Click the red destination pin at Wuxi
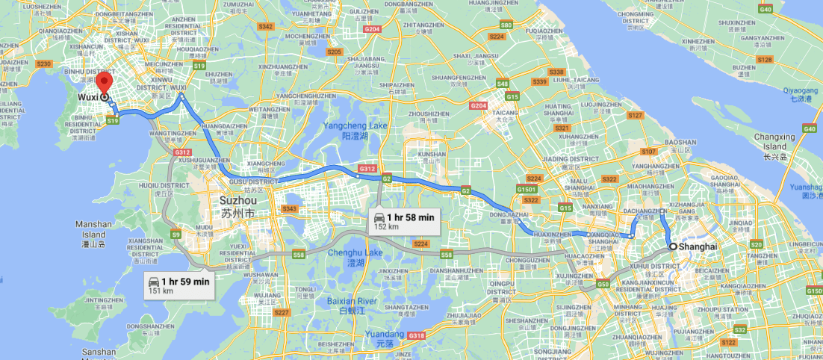point(105,84)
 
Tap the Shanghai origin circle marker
point(673,246)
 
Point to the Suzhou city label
point(237,206)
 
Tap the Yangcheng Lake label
point(355,131)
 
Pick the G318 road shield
point(416,335)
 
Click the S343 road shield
point(289,208)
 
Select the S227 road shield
point(281,312)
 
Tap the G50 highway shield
point(603,285)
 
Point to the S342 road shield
point(266,26)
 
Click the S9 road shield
point(176,235)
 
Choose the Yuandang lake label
point(389,334)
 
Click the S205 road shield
point(334,52)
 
